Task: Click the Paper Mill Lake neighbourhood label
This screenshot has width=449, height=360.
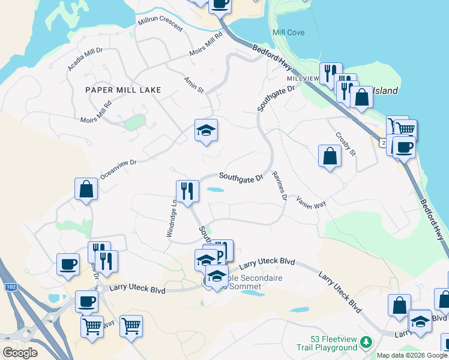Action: click(123, 90)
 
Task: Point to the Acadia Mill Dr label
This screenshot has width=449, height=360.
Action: click(85, 59)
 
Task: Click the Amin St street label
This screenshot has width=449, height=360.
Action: click(194, 85)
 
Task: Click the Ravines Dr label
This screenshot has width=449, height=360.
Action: click(279, 185)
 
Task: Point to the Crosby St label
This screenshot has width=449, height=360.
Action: click(346, 144)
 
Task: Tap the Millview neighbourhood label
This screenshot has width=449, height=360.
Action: click(303, 79)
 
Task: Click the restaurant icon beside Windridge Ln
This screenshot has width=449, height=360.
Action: click(187, 191)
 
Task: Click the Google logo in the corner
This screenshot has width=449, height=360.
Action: click(20, 353)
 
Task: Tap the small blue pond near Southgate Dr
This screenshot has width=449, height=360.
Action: click(215, 190)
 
